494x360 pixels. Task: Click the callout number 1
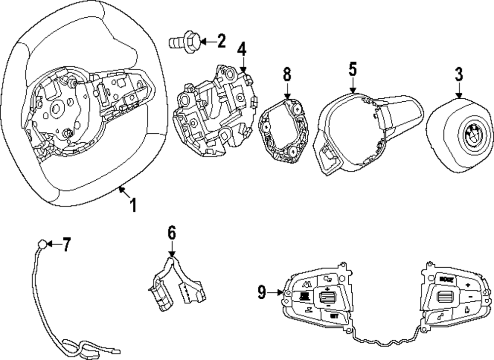(132, 204)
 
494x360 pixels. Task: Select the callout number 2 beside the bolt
(220, 41)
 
